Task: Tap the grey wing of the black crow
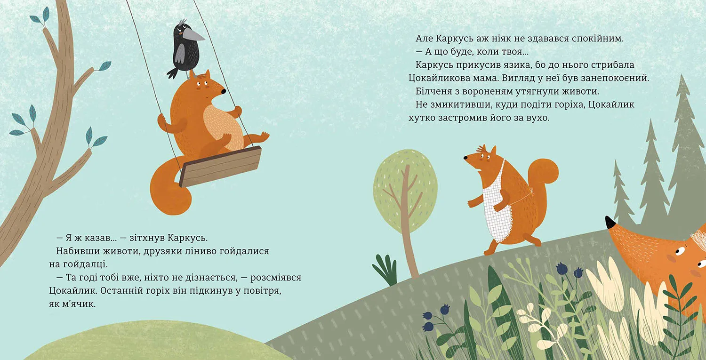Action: click(x=180, y=53)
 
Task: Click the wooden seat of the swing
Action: click(x=220, y=166)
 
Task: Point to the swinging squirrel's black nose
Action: click(x=223, y=91)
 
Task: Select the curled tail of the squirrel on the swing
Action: click(x=168, y=186)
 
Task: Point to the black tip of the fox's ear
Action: click(x=610, y=222)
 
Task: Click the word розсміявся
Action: click(x=276, y=278)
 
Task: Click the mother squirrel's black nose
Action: click(x=465, y=158)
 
